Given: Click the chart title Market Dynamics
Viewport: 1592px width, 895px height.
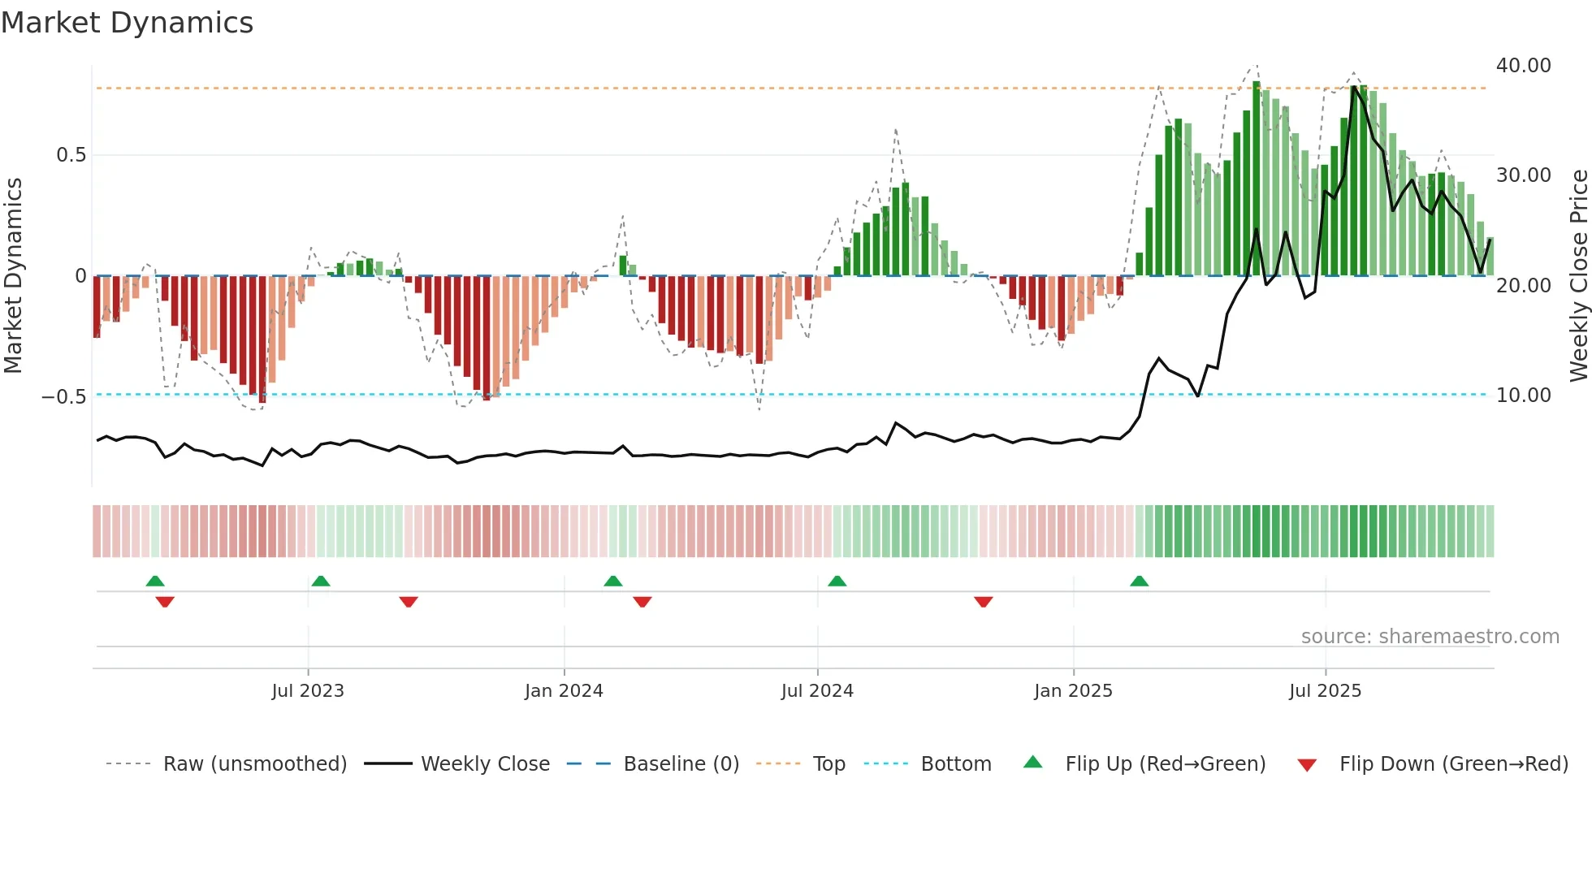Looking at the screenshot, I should tap(128, 23).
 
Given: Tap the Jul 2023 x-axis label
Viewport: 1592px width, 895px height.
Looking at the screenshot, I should tap(308, 691).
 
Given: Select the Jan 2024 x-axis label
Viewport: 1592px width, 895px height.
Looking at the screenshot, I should tap(564, 691).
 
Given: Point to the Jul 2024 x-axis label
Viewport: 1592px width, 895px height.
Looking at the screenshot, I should tap(817, 691).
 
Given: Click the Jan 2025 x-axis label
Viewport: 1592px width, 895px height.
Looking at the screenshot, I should tap(1073, 691).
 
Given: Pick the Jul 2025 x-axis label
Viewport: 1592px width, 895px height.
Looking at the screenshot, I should tap(1325, 691).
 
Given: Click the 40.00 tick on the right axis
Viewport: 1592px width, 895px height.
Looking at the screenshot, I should tap(1523, 66).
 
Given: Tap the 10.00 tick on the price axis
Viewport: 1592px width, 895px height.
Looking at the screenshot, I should tap(1523, 396).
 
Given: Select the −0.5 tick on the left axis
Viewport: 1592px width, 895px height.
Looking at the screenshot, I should tap(63, 397).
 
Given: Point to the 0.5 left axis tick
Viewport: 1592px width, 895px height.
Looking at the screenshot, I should tap(71, 155).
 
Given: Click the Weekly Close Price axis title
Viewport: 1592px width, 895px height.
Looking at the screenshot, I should tap(1578, 276).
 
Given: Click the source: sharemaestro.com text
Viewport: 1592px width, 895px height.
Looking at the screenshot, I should tap(1430, 637).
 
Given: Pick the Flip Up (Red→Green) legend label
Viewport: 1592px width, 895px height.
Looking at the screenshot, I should tap(1165, 764).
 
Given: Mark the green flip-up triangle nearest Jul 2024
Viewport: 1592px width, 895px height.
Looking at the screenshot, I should tap(837, 582).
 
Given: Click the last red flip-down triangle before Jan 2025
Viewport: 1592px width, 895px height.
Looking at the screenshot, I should tap(983, 602).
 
